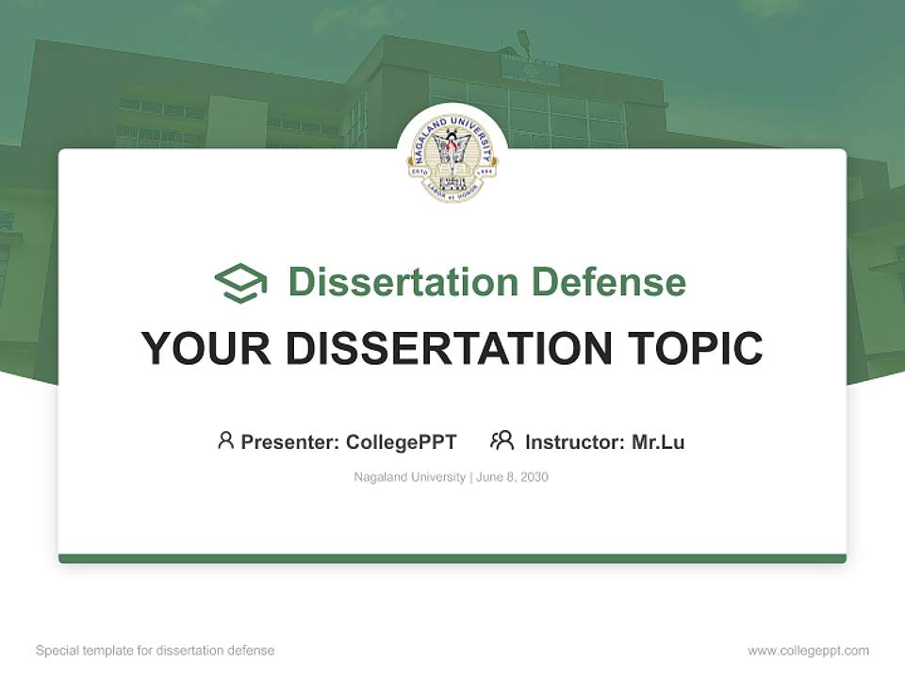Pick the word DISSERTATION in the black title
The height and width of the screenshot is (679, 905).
click(449, 349)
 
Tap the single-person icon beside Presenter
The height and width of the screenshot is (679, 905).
click(225, 440)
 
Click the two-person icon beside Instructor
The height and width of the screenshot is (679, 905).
click(502, 440)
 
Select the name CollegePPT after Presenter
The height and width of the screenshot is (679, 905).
click(402, 442)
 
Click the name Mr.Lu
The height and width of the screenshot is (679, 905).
click(658, 442)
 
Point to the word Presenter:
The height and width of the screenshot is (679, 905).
click(290, 442)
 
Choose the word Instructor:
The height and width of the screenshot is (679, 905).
click(575, 442)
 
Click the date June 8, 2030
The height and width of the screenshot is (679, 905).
click(512, 477)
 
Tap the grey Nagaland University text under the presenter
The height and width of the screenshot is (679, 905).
click(409, 477)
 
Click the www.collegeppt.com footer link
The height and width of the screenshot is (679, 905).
click(808, 651)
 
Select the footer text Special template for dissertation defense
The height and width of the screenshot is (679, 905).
click(156, 651)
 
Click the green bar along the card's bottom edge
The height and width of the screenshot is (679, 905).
click(452, 558)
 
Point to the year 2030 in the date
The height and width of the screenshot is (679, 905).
click(534, 477)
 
